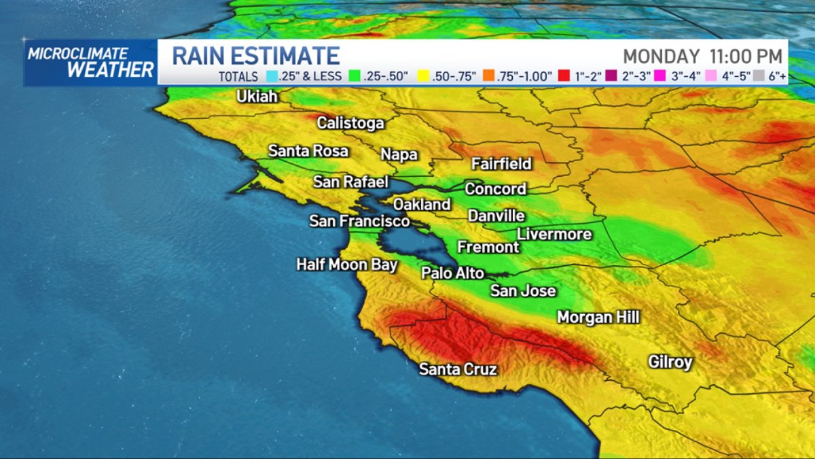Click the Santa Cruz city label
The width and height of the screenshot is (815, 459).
pyautogui.click(x=458, y=369)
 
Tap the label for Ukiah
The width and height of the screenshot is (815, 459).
pyautogui.click(x=257, y=97)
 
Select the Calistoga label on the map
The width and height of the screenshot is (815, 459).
pyautogui.click(x=350, y=123)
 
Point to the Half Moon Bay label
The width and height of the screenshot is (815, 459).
pyautogui.click(x=346, y=265)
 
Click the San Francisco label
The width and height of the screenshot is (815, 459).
pyautogui.click(x=359, y=221)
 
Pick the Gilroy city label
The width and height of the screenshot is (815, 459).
pyautogui.click(x=670, y=362)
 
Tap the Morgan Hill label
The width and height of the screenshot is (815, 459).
pyautogui.click(x=598, y=317)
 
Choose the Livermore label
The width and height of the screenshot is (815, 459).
pyautogui.click(x=554, y=234)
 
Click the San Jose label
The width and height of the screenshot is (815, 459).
pyautogui.click(x=523, y=291)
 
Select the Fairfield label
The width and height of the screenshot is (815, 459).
pyautogui.click(x=501, y=164)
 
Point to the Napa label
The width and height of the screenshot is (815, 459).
pyautogui.click(x=399, y=154)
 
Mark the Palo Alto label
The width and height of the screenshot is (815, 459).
pyautogui.click(x=452, y=273)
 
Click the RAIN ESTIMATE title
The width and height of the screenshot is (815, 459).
pyautogui.click(x=255, y=56)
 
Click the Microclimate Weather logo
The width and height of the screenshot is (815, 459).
pyautogui.click(x=90, y=63)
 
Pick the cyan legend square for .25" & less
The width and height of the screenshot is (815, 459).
pyautogui.click(x=270, y=76)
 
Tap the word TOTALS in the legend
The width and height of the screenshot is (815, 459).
pyautogui.click(x=238, y=77)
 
